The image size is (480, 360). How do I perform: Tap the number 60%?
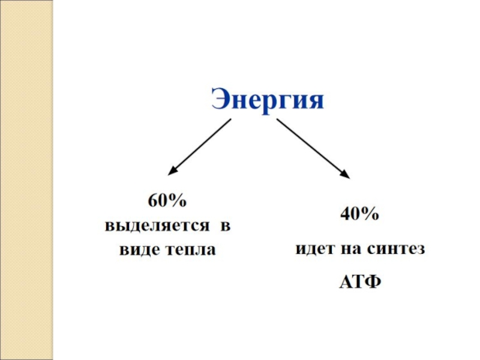click(x=168, y=202)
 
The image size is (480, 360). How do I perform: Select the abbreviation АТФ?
click(x=360, y=281)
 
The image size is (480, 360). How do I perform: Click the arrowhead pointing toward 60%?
click(x=172, y=172)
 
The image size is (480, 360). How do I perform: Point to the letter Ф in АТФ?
click(x=373, y=281)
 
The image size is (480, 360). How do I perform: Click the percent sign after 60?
click(x=179, y=202)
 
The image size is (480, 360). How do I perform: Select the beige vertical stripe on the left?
click(x=27, y=180)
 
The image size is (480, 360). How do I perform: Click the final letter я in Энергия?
click(x=316, y=100)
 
